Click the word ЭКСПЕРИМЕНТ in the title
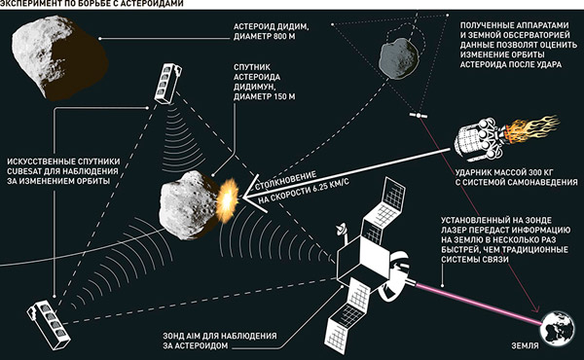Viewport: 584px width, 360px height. click(x=35, y=6)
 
